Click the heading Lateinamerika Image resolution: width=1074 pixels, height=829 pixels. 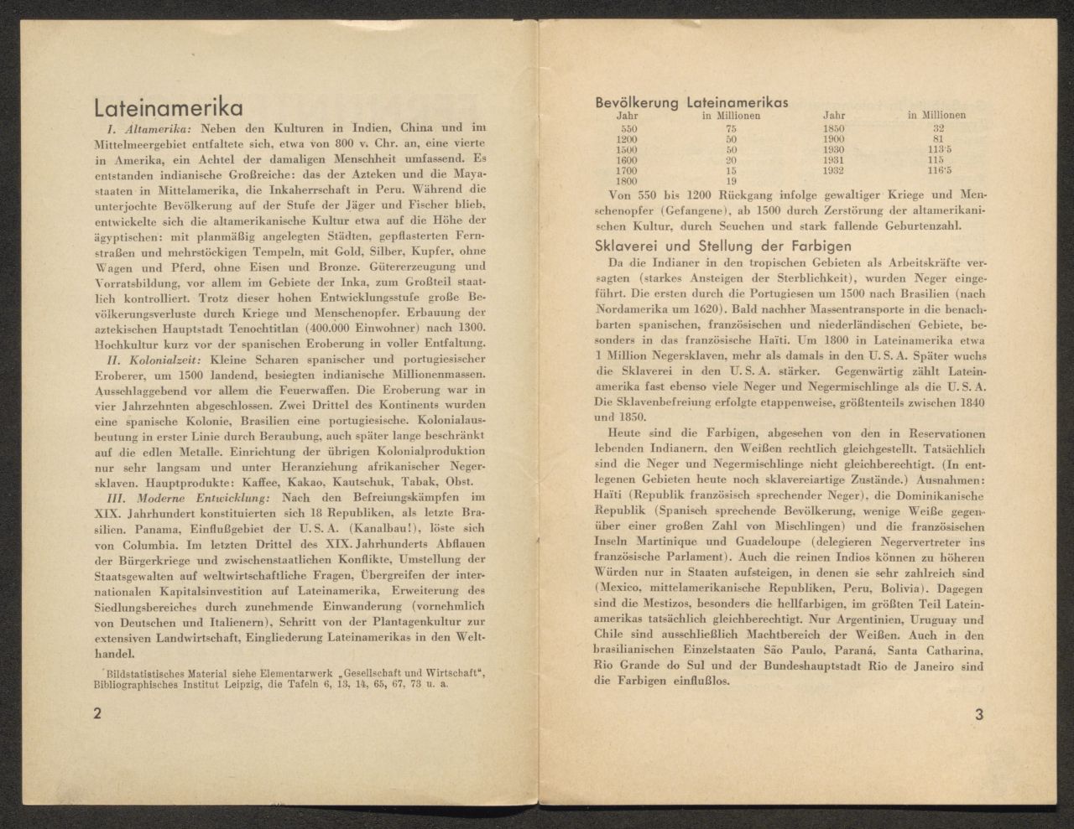[168, 109]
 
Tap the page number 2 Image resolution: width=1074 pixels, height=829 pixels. [98, 714]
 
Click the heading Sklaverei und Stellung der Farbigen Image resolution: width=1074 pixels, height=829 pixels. [723, 246]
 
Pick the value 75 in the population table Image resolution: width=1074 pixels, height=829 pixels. [731, 129]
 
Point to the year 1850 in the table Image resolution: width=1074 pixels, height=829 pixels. [834, 129]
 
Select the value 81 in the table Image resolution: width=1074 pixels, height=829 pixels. [938, 139]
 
